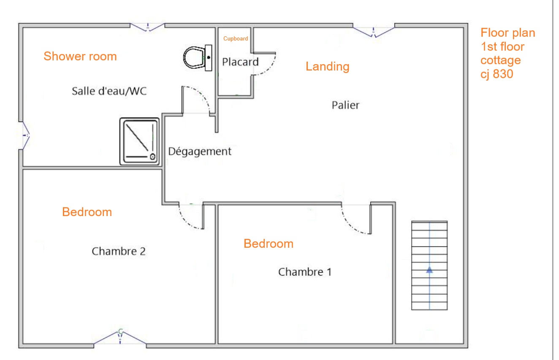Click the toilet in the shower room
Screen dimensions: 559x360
[x=198, y=58]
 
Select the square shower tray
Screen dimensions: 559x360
[x=139, y=141]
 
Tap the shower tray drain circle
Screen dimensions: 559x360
[x=152, y=157]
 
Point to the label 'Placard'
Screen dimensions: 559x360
[x=240, y=62]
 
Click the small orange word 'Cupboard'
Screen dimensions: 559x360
[x=236, y=39]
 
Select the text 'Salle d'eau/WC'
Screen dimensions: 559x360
[x=109, y=91]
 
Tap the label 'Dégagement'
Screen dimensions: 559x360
[x=200, y=152]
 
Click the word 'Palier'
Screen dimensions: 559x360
[x=346, y=105]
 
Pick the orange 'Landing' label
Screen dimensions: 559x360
[x=327, y=67]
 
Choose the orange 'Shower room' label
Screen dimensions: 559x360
[x=80, y=57]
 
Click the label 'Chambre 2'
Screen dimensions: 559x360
[x=119, y=251]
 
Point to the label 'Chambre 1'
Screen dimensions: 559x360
[x=305, y=272]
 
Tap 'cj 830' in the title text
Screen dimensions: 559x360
[x=497, y=74]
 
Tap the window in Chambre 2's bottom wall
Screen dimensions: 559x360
[x=120, y=337]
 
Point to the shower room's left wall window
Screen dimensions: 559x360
[x=24, y=135]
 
